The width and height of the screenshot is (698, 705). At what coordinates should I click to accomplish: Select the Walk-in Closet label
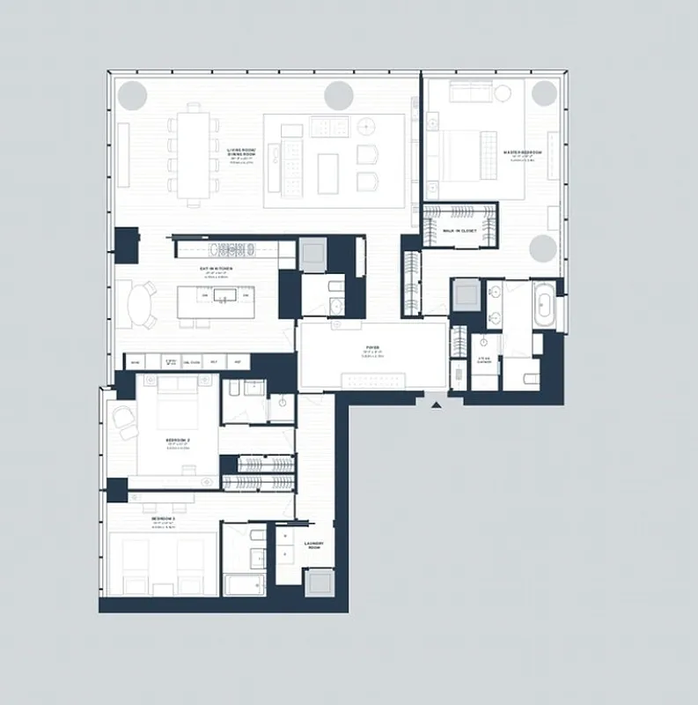tap(459, 230)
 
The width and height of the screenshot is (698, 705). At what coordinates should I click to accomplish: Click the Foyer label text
tap(373, 350)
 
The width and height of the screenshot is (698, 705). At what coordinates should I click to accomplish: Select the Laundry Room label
tap(314, 545)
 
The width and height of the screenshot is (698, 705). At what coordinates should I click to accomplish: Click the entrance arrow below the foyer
tap(436, 404)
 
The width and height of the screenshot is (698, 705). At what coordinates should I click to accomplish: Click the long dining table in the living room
tap(194, 154)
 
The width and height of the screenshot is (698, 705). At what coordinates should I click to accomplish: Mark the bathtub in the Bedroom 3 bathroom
tap(244, 586)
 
